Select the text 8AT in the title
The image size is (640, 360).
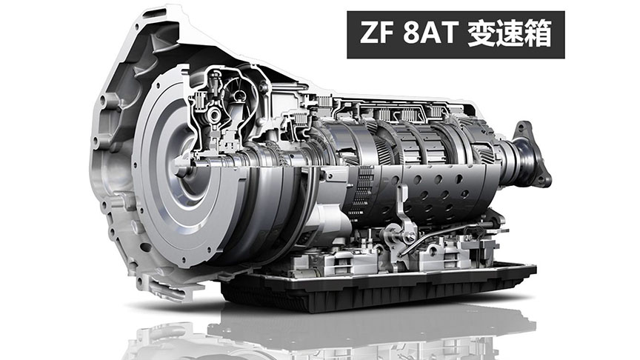(x=430, y=33)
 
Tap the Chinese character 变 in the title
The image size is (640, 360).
(x=481, y=33)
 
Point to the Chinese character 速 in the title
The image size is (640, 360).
(x=510, y=33)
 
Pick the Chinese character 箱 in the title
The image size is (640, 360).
(x=538, y=33)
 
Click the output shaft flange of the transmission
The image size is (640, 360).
(x=531, y=153)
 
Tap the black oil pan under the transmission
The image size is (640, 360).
(x=376, y=287)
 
